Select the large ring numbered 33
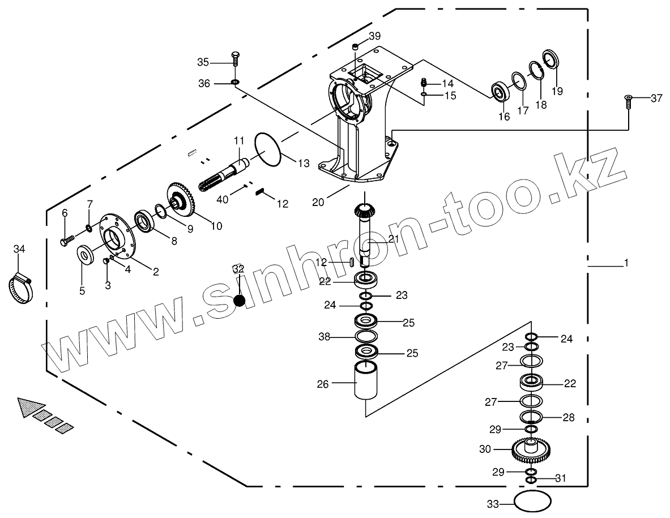point(532,502)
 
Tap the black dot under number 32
point(240,301)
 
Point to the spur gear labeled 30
point(531,450)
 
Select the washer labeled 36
point(235,84)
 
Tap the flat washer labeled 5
point(86,254)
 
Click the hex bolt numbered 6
point(65,241)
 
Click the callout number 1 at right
point(626,263)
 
